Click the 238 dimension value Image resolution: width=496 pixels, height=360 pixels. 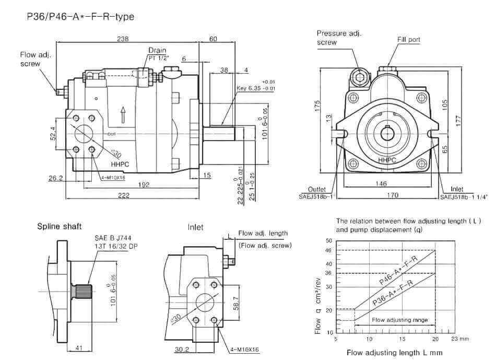(x=123, y=39)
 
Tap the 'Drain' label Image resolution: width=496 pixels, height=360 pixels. (x=157, y=50)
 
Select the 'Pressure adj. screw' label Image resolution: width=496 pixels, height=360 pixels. (x=339, y=38)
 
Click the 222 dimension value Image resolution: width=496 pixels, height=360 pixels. (x=123, y=194)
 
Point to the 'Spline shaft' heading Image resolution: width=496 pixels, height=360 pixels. (x=59, y=227)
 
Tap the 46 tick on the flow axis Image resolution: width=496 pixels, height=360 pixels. (x=328, y=251)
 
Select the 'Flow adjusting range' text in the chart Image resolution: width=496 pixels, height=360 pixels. (x=399, y=320)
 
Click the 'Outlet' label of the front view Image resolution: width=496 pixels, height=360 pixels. (x=317, y=189)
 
